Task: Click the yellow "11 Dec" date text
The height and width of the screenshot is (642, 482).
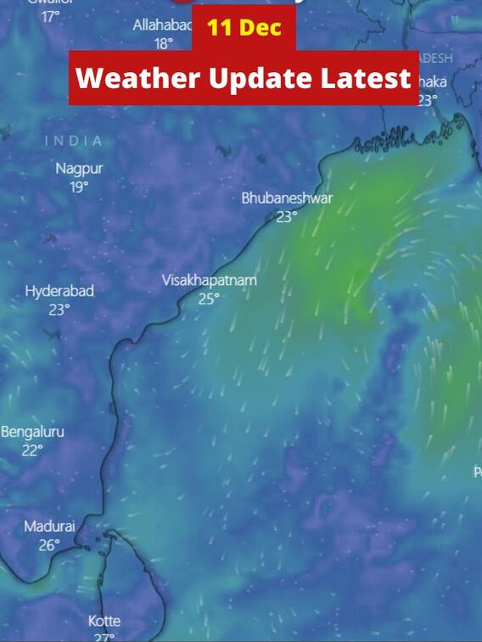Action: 244,27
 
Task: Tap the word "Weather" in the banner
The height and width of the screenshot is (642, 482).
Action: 134,79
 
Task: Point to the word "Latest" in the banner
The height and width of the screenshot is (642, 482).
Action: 367,79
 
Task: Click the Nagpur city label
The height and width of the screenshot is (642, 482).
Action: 79,168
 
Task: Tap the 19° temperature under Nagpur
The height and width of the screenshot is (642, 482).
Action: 79,187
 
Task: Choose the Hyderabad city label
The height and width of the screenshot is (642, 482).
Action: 59,291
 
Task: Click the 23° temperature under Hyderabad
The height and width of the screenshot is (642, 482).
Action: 59,310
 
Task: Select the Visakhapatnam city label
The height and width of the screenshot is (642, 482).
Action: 209,280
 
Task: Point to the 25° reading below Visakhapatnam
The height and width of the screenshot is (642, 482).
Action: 209,299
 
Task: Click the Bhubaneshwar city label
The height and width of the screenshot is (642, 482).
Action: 287,198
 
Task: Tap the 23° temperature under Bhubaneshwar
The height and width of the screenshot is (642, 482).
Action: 287,216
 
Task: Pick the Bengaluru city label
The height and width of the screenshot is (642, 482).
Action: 32,432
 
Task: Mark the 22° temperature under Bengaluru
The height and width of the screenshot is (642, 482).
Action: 32,450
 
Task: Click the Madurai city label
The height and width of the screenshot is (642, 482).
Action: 49,527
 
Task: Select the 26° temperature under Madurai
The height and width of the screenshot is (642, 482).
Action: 49,545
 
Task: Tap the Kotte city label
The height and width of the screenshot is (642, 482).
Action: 104,621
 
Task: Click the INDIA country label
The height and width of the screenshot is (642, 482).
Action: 74,141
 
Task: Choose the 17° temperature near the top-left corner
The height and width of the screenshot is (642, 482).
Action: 51,16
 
